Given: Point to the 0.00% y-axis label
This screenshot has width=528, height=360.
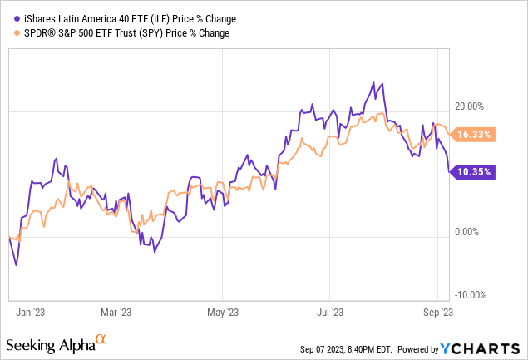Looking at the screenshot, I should (x=469, y=234).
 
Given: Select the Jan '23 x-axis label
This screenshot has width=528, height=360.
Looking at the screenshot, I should (x=31, y=312).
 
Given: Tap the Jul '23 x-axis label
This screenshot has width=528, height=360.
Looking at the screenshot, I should (x=330, y=312).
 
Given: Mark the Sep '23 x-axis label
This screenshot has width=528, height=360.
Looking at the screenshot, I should (x=437, y=312).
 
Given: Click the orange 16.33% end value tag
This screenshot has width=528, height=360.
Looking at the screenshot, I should (x=475, y=134).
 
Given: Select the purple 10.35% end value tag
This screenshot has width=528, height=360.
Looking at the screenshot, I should (x=474, y=173).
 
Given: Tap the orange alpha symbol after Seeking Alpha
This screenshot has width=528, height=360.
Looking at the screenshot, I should (x=101, y=339).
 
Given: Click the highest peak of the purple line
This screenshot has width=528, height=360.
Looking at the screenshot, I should (x=382, y=82).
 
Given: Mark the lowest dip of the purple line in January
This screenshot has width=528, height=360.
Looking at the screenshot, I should (x=17, y=265).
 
